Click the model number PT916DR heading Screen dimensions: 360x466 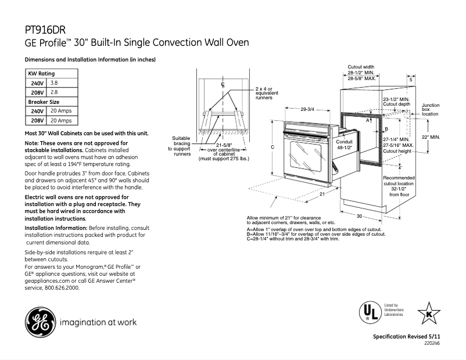coord(46,29)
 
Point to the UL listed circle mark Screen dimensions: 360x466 coord(366,312)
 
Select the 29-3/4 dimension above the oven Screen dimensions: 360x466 coord(307,109)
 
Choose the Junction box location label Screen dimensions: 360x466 coord(431,110)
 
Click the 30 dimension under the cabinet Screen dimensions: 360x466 coord(360,216)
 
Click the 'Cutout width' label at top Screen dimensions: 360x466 coord(360,67)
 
